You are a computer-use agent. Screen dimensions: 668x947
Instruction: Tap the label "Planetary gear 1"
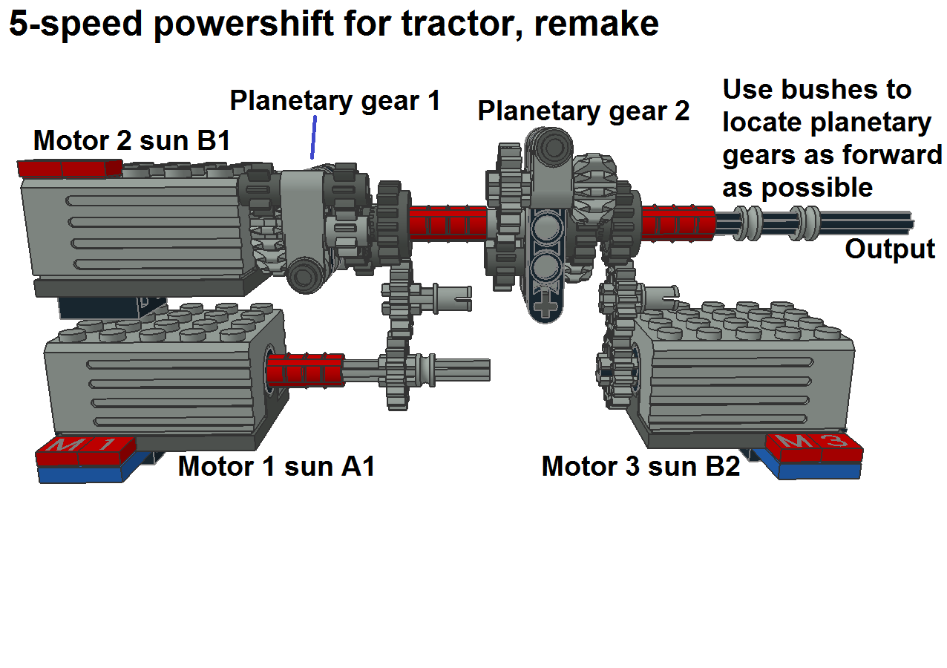[x=335, y=100]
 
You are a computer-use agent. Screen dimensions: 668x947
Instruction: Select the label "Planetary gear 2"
[x=583, y=111]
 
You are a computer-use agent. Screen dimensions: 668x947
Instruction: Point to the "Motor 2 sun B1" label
[x=131, y=140]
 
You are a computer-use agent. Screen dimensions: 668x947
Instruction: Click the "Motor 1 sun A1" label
[x=276, y=467]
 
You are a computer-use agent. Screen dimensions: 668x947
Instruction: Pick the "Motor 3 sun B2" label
[x=640, y=467]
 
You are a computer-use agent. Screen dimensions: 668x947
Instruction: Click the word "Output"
[x=890, y=249]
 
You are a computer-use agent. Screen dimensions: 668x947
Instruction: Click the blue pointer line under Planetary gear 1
[x=314, y=137]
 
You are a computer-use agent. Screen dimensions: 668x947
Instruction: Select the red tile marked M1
[x=85, y=448]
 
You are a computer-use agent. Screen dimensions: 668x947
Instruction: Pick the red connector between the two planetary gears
[x=447, y=222]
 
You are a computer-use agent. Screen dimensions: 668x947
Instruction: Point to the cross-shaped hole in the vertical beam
[x=546, y=306]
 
